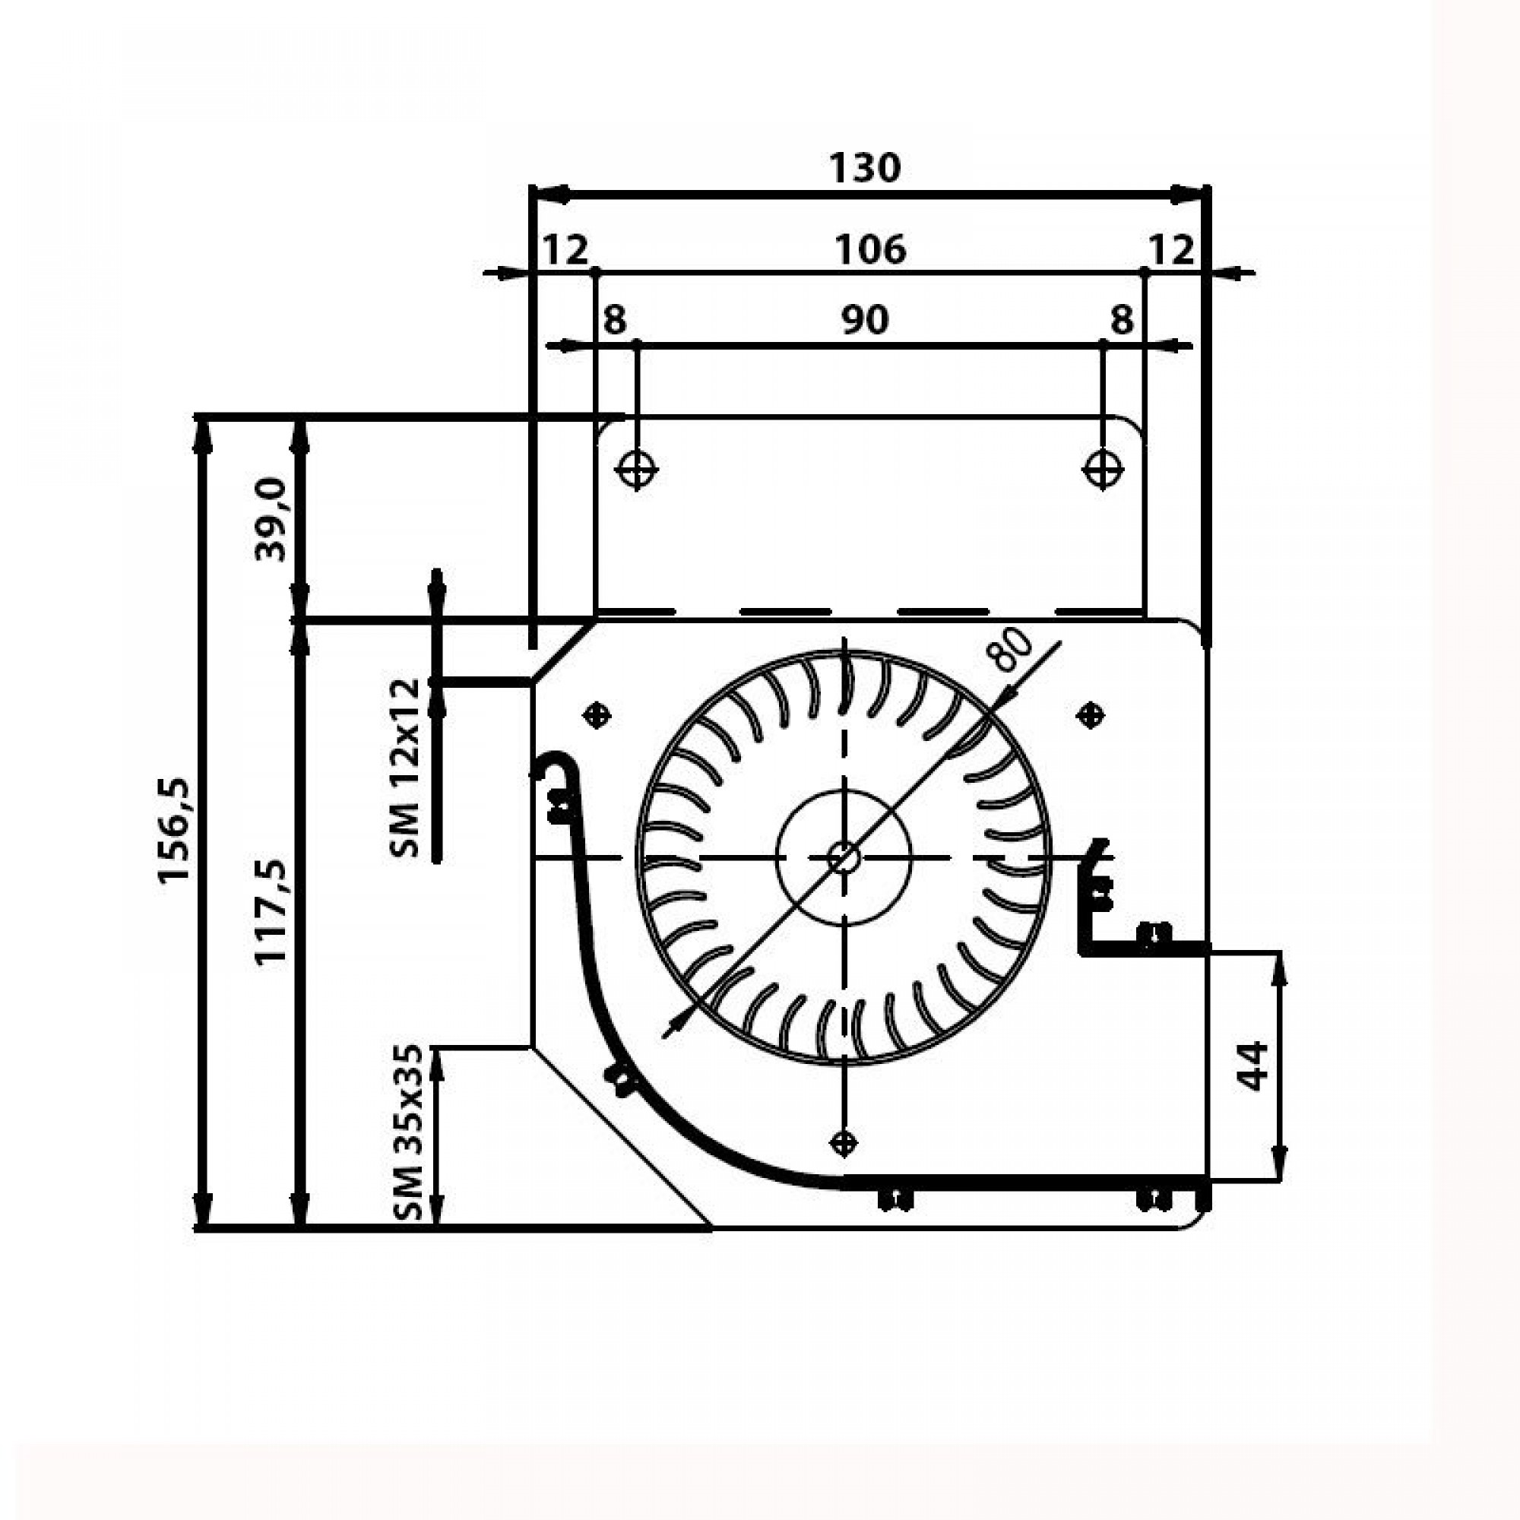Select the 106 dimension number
[870, 250]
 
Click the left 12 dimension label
[565, 251]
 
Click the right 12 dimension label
[1171, 250]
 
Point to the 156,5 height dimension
[175, 831]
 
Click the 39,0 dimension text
[272, 519]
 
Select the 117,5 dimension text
[272, 913]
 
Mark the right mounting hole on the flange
[1102, 470]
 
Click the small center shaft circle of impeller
[844, 857]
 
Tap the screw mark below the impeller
[844, 1142]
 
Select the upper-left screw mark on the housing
[597, 715]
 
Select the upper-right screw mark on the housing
[1090, 715]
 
